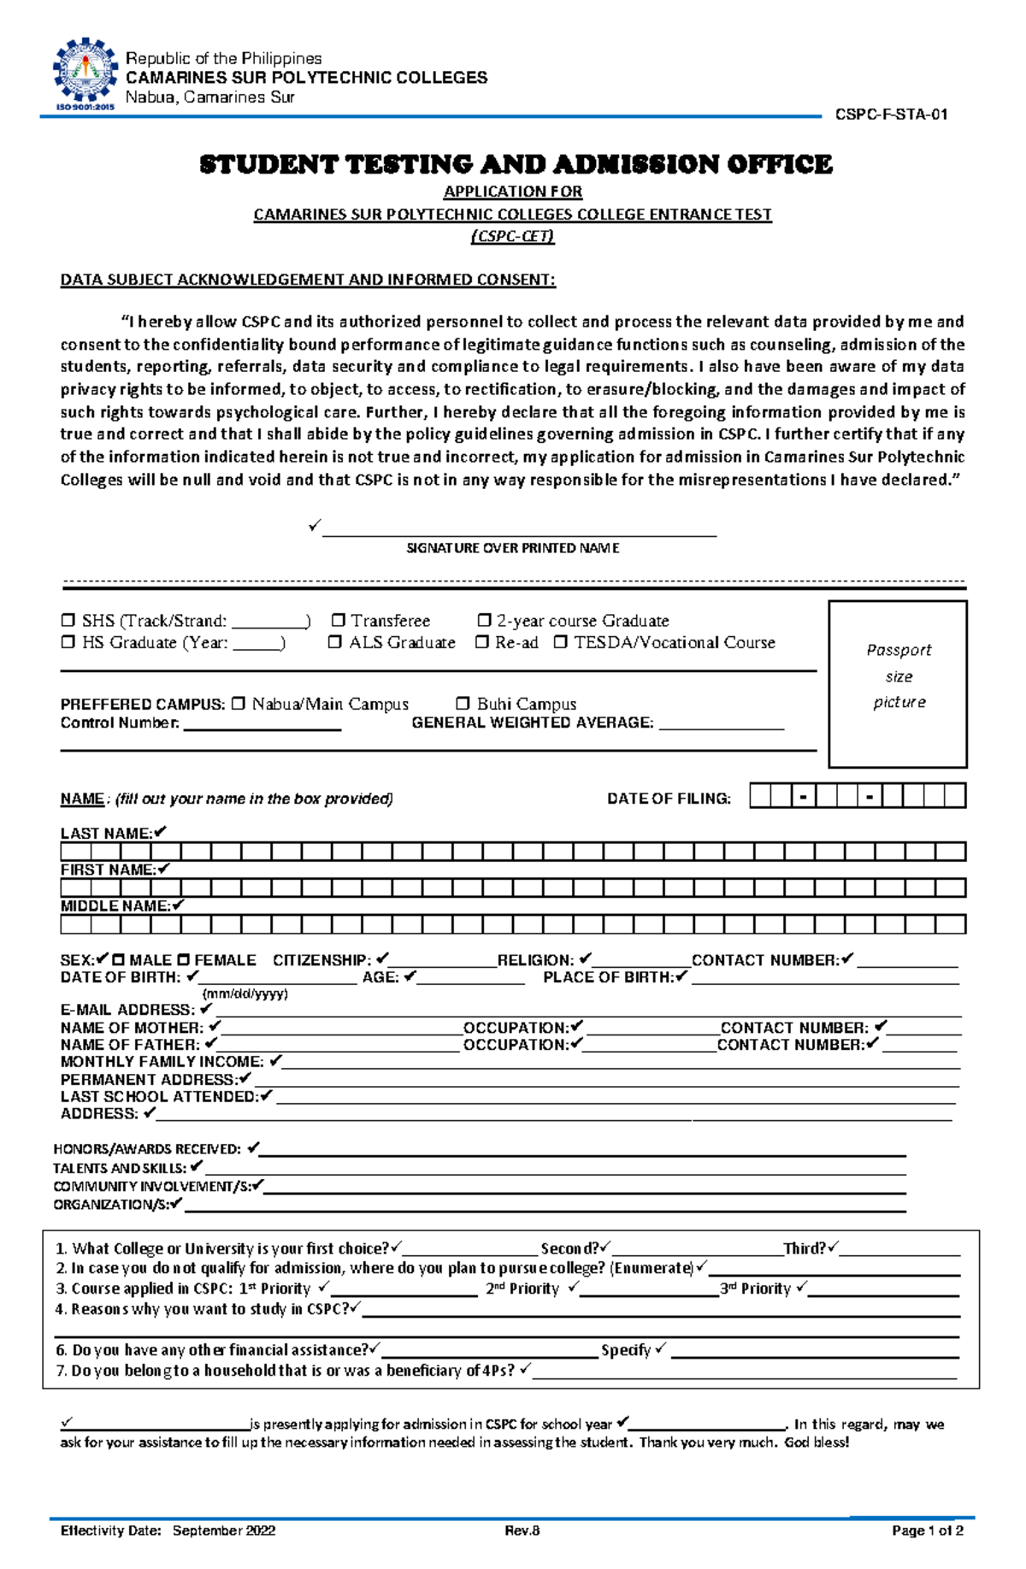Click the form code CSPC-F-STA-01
tap(891, 115)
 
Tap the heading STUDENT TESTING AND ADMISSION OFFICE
tap(515, 164)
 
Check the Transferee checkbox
tap(339, 620)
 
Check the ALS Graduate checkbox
tap(335, 642)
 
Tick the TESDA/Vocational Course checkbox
tap(560, 642)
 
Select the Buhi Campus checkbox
tap(463, 704)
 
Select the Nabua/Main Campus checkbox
tap(238, 704)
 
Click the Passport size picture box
tap(897, 683)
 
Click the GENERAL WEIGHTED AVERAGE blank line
tap(721, 727)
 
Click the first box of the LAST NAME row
tap(75, 852)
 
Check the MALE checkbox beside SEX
tap(118, 960)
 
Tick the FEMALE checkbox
tap(183, 960)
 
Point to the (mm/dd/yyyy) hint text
tap(245, 994)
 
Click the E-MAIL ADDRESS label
tap(127, 1010)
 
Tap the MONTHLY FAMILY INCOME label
tap(162, 1062)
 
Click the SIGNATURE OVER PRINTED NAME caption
tap(512, 548)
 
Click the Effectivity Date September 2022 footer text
tap(168, 1531)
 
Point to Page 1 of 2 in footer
tap(927, 1531)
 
